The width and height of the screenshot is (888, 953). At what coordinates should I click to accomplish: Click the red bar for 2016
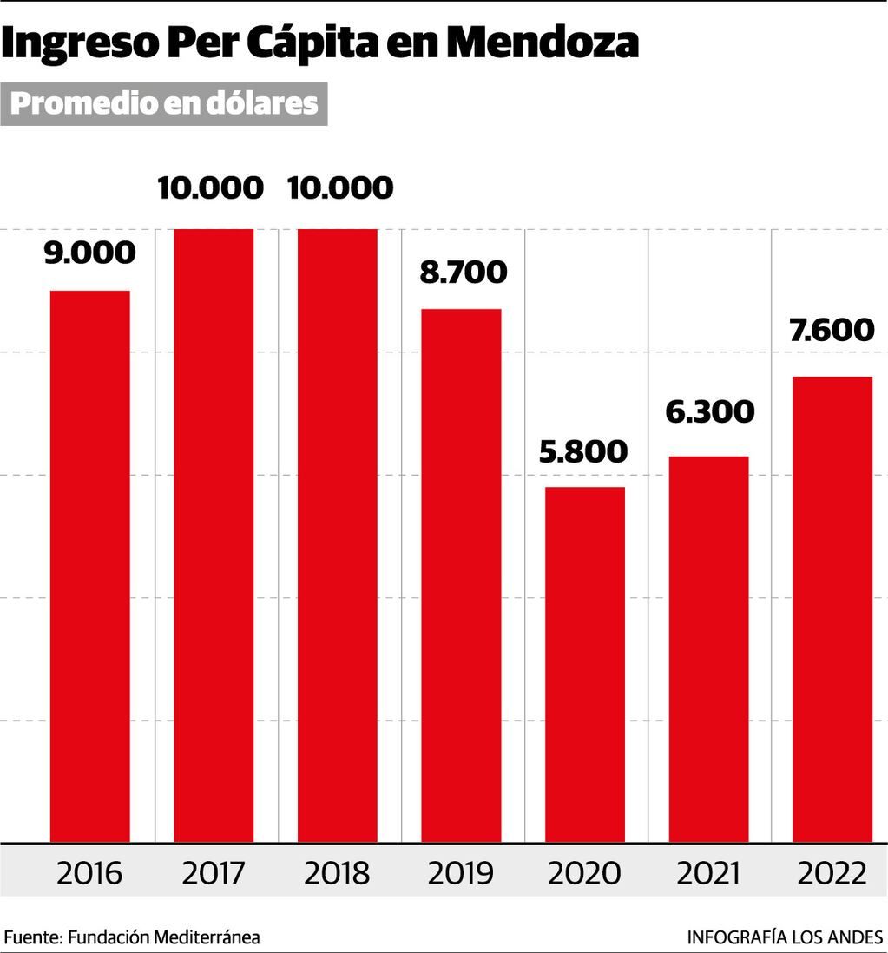(x=90, y=566)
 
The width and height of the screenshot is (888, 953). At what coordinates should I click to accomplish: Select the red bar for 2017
(x=214, y=536)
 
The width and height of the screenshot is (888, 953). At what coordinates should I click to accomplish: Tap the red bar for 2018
(x=338, y=536)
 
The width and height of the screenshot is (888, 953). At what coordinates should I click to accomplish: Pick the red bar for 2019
(x=461, y=575)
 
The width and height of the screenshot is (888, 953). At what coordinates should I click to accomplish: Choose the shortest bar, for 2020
(x=585, y=664)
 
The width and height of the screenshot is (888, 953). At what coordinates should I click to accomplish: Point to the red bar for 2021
(x=708, y=649)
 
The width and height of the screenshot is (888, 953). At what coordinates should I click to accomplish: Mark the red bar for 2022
(x=832, y=609)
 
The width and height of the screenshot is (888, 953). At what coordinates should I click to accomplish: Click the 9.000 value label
(x=90, y=253)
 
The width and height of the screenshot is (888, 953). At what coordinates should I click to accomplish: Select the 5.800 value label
(x=582, y=451)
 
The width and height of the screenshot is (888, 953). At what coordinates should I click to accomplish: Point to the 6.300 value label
(x=710, y=411)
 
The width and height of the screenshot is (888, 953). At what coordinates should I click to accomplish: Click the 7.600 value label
(x=831, y=331)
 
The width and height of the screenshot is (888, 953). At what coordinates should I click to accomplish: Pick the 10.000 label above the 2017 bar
(x=211, y=187)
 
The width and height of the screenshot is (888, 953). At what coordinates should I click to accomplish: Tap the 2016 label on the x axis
(x=90, y=872)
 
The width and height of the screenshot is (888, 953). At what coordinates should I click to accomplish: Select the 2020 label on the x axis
(x=585, y=872)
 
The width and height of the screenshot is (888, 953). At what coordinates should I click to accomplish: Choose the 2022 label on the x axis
(x=832, y=872)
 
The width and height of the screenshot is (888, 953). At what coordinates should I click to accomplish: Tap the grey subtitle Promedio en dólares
(x=164, y=103)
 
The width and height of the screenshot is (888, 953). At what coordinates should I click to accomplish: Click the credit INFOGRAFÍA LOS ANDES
(x=785, y=937)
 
